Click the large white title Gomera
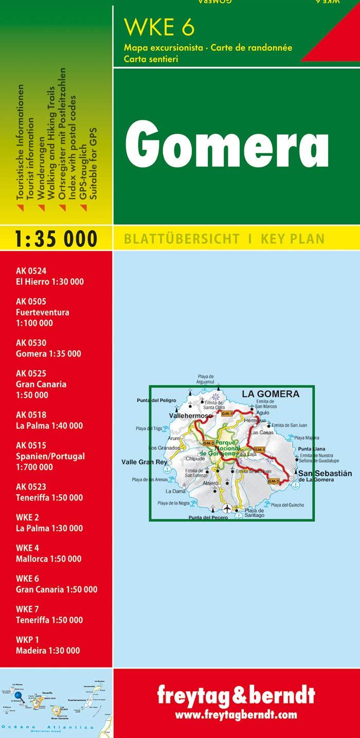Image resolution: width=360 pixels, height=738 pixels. click(x=227, y=143)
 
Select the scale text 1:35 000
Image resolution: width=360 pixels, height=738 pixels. click(x=56, y=239)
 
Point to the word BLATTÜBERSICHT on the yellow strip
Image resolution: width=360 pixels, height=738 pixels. click(x=182, y=239)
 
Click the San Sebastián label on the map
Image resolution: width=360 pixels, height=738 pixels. click(x=325, y=474)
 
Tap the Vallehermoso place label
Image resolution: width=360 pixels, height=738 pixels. click(x=191, y=415)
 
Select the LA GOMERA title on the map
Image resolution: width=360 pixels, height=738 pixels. click(x=270, y=394)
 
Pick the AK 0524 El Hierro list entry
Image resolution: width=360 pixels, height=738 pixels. click(x=50, y=276)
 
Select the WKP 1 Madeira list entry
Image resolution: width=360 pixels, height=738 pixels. click(x=48, y=645)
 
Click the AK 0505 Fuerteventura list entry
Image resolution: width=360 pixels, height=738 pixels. click(x=43, y=312)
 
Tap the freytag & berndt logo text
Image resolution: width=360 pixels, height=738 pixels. click(x=236, y=696)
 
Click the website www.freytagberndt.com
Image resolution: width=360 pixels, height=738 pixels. click(x=236, y=715)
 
